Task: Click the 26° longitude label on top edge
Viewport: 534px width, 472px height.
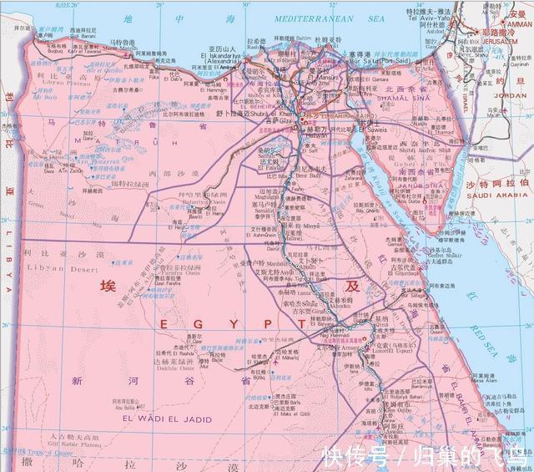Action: pyautogui.click(x=73, y=5)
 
